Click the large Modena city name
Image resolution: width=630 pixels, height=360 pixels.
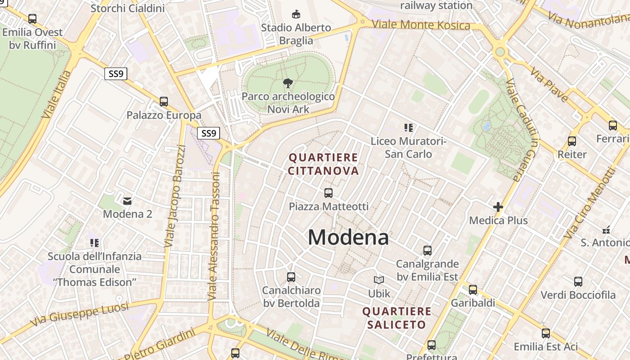tap(348, 237)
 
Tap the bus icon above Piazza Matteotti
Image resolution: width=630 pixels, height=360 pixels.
tap(328, 193)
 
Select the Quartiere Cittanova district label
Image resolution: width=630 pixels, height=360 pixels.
tap(324, 164)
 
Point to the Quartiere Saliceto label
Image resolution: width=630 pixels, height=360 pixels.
tap(396, 318)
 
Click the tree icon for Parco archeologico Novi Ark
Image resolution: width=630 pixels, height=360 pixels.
tap(288, 83)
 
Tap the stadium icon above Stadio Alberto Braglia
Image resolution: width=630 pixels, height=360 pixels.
tap(296, 14)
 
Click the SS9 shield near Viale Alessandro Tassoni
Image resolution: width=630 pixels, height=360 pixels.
tap(209, 133)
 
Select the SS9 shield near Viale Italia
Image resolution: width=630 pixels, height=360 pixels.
tap(116, 74)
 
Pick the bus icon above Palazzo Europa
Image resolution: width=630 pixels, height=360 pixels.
tap(164, 102)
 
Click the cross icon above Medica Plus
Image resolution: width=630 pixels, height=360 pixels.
tap(498, 207)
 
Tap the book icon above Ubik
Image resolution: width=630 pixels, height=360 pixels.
tap(379, 280)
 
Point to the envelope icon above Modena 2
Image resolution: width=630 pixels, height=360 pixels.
tap(127, 201)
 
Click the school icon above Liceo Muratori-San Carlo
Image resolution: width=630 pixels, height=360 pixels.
tap(409, 128)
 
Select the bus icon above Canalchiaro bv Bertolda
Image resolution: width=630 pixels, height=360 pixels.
tap(291, 277)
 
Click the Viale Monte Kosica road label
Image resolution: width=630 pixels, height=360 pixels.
tap(421, 24)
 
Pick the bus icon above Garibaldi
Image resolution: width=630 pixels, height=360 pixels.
tap(472, 290)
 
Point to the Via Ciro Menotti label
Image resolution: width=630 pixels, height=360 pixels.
tap(589, 203)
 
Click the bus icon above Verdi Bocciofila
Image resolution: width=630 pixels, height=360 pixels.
tap(578, 282)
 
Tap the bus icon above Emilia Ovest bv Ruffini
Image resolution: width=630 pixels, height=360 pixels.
tap(32, 19)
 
